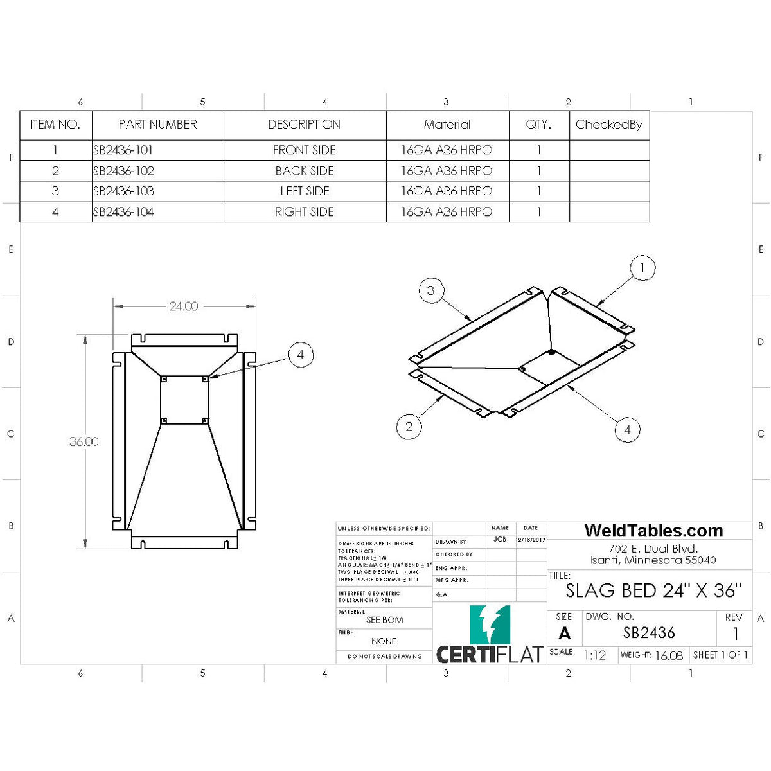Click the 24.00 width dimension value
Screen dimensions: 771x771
pos(184,306)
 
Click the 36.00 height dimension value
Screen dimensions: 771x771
pos(84,441)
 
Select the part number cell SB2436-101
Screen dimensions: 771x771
pos(123,150)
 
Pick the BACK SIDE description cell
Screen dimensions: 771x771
pos(305,171)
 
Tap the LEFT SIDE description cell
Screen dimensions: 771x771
pos(305,191)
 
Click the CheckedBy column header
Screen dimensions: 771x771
pos(608,125)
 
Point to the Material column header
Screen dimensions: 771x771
pos(447,125)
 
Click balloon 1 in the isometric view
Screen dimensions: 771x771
pos(642,268)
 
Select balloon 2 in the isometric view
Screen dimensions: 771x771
pos(409,427)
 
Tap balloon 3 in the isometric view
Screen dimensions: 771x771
pos(431,290)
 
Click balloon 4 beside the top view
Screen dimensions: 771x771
pos(301,355)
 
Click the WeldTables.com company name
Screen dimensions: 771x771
pos(653,531)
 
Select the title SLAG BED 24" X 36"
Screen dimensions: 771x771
pos(653,590)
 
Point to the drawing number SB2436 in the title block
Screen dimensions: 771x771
pos(649,633)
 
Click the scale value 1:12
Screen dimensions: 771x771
pos(594,655)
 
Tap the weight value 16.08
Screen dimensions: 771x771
pos(668,655)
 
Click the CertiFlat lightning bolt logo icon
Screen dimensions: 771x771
pos(490,625)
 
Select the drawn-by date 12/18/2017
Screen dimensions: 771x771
pos(531,540)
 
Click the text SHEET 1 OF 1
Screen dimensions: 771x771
pos(720,655)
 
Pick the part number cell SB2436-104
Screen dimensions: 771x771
pos(123,212)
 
